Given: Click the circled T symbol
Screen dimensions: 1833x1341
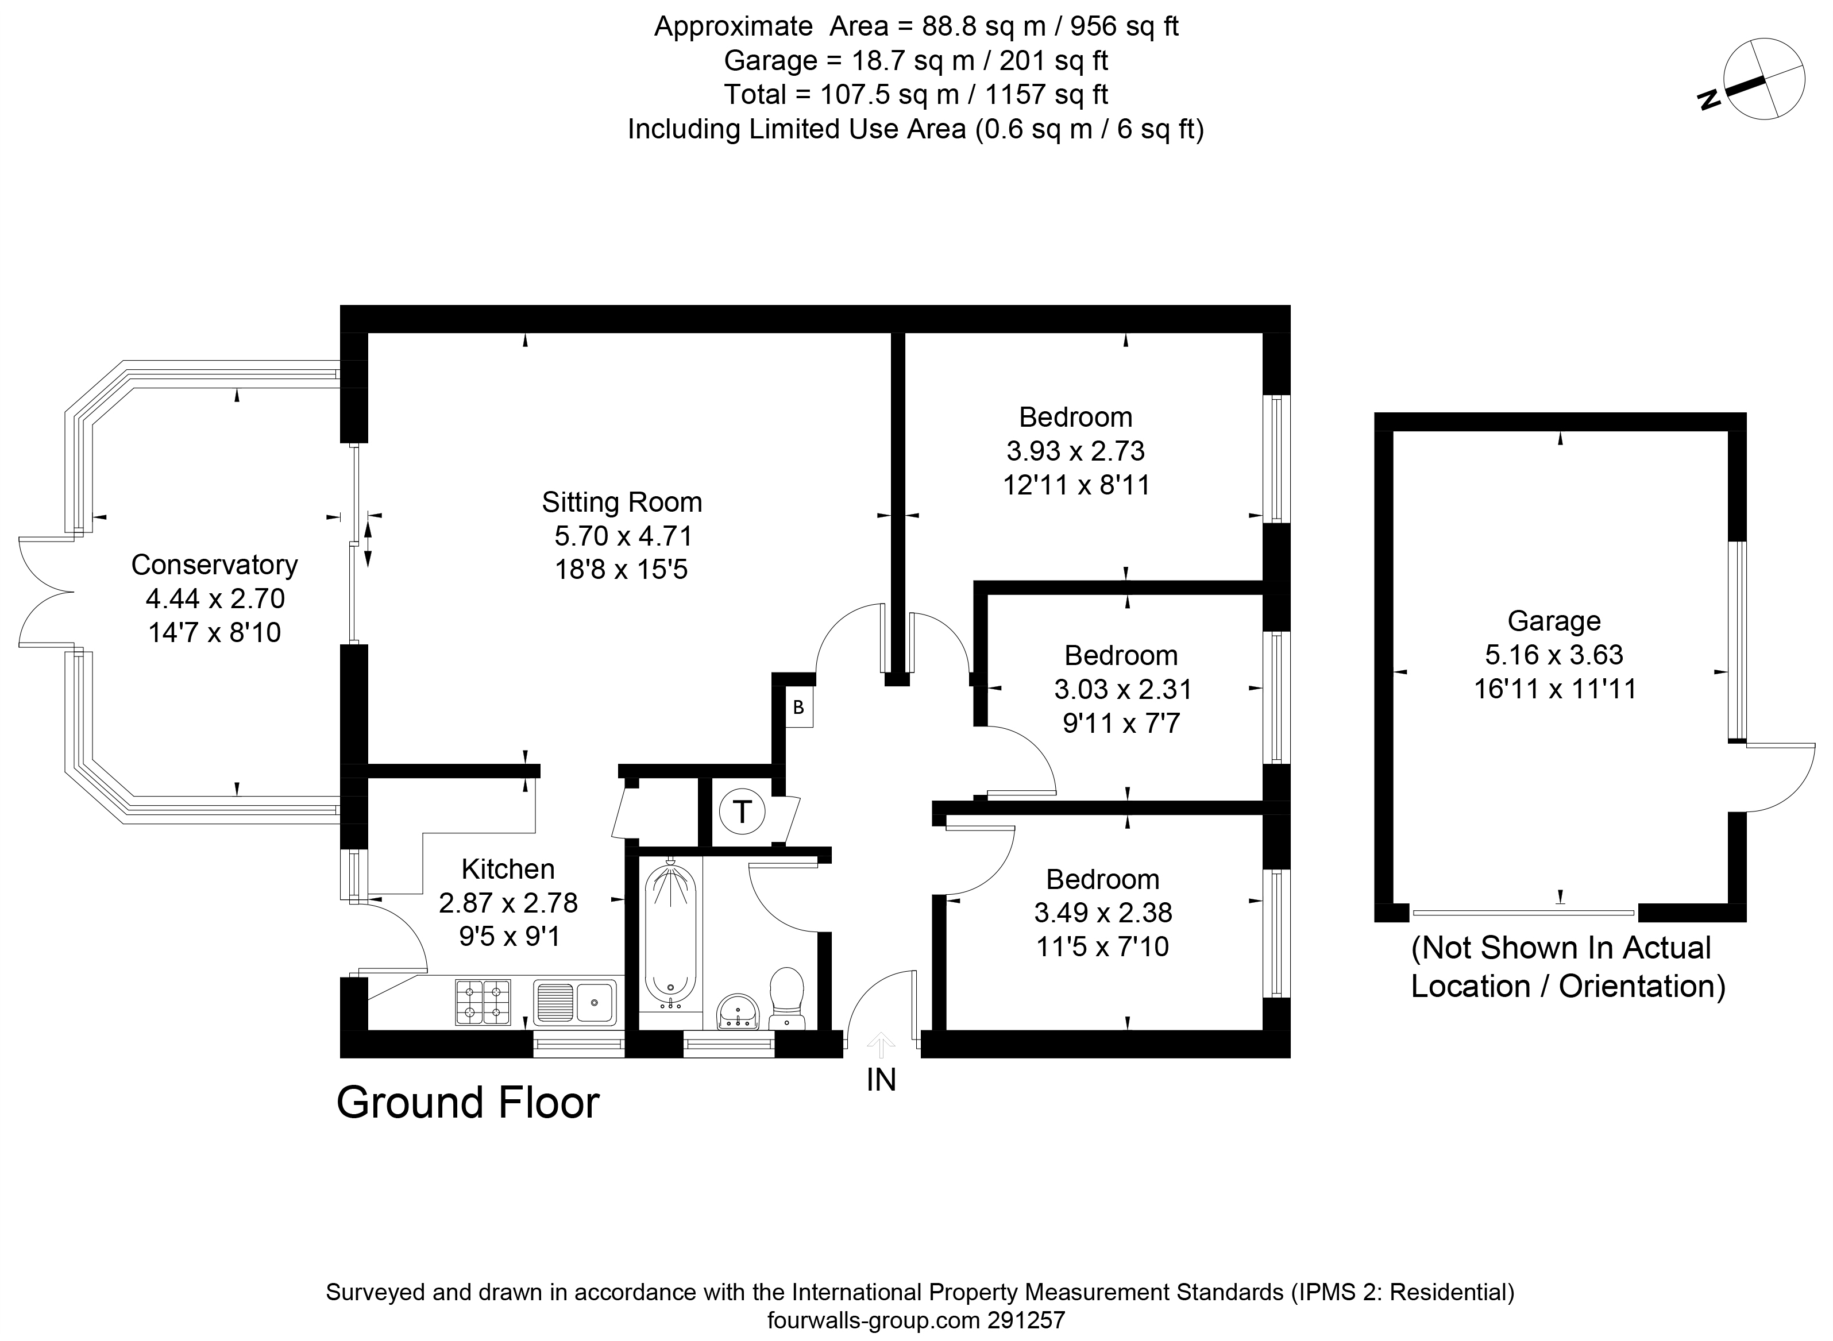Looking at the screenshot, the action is [742, 811].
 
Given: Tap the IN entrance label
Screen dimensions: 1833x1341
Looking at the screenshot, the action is [882, 1080].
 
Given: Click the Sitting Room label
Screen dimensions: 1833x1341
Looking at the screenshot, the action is [622, 502].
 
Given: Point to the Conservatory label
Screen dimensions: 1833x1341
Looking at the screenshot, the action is [214, 564].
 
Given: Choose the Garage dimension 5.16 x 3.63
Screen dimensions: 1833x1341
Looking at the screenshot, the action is [1554, 654].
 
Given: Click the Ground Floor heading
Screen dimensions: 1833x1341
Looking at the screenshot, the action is [468, 1102].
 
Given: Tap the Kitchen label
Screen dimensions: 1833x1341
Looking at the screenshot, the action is [508, 868].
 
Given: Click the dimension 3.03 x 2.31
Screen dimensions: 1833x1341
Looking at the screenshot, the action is [1122, 689].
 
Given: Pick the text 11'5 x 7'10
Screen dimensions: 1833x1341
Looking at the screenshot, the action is [1102, 946].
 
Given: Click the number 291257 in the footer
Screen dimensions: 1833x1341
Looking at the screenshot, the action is [1026, 1320].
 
